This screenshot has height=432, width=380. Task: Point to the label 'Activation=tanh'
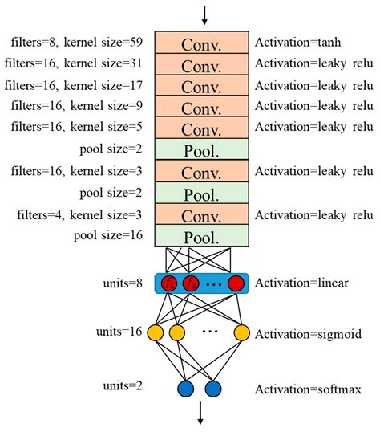293,43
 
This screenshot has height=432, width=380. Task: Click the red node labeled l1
169,283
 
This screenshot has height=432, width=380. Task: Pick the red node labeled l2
190,283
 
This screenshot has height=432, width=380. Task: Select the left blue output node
186,389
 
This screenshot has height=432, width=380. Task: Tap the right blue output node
212,389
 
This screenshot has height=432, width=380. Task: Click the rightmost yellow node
241,332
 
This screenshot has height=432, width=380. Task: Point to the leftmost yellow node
156,332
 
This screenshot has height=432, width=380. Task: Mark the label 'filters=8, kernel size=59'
76,43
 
